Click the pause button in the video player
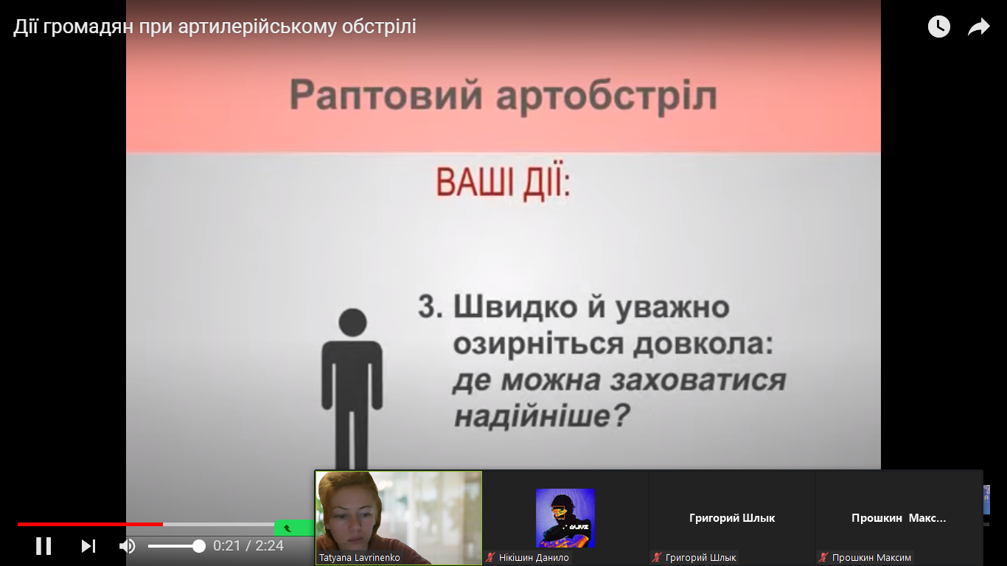(x=43, y=546)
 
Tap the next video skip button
(x=88, y=546)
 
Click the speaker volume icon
(x=127, y=546)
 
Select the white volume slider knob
(x=198, y=546)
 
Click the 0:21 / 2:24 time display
(x=248, y=546)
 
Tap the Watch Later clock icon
(x=938, y=27)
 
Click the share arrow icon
(x=979, y=27)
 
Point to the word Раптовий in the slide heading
(x=386, y=95)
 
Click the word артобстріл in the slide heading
(x=607, y=97)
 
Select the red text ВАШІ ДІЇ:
(x=503, y=182)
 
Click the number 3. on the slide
(x=431, y=307)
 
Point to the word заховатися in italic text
(x=697, y=380)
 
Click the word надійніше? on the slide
(x=542, y=415)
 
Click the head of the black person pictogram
(x=352, y=322)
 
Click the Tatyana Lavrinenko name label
(x=360, y=557)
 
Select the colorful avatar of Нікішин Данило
(x=565, y=518)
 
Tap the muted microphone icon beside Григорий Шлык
(x=657, y=557)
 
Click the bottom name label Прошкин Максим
(x=871, y=557)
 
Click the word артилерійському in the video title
(x=257, y=27)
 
